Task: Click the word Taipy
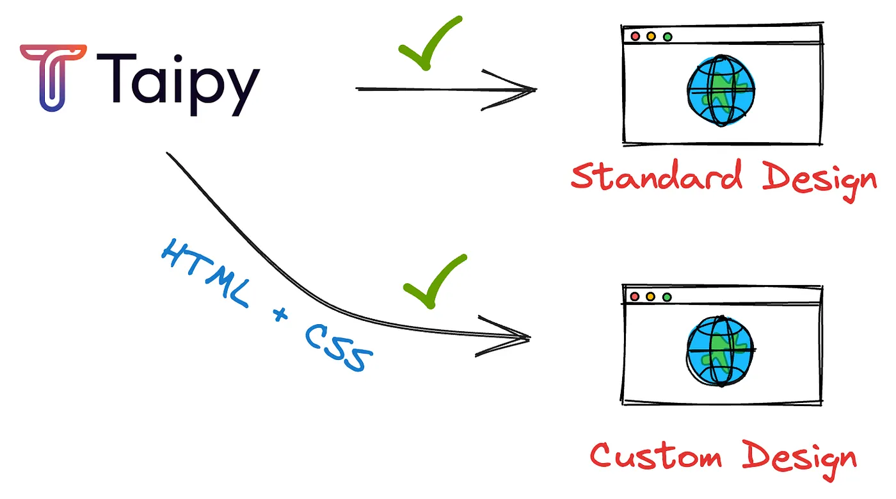pyautogui.click(x=178, y=82)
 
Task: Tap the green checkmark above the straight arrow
pyautogui.click(x=428, y=44)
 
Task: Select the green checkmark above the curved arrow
pyautogui.click(x=434, y=281)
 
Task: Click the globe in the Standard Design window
pyautogui.click(x=721, y=90)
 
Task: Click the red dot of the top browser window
pyautogui.click(x=636, y=37)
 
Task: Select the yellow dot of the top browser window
pyautogui.click(x=652, y=37)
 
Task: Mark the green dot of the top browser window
pyautogui.click(x=668, y=37)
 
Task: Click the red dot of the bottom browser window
pyautogui.click(x=635, y=297)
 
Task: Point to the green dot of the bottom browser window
pyautogui.click(x=667, y=297)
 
